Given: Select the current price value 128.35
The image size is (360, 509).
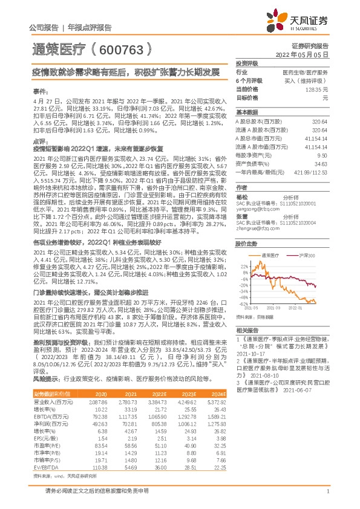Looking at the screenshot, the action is click(318, 89).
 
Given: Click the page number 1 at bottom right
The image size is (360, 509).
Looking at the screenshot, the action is click(327, 492).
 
